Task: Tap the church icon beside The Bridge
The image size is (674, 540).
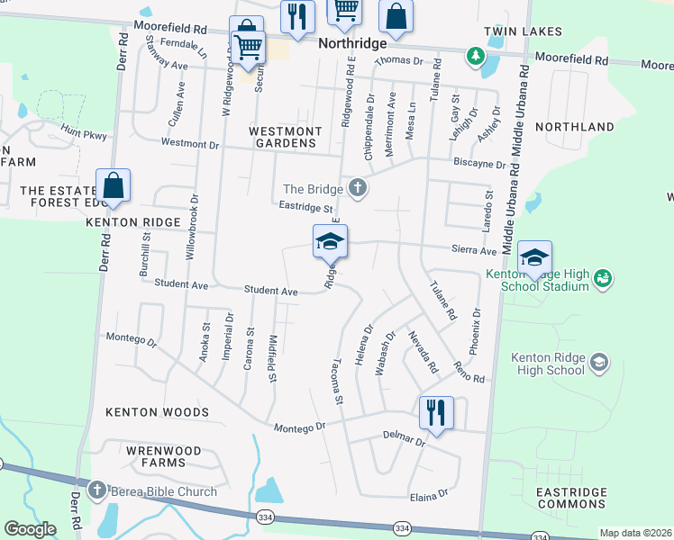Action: (x=358, y=188)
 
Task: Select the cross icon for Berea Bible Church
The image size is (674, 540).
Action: (x=97, y=491)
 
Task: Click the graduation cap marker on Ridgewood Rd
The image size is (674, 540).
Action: (x=330, y=241)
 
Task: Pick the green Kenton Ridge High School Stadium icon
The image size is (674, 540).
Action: (x=603, y=280)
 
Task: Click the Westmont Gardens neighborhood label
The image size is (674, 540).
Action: (x=285, y=138)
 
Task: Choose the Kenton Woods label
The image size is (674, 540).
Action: (x=157, y=412)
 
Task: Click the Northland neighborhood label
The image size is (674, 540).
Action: (x=574, y=127)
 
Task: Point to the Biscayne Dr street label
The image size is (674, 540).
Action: (x=479, y=164)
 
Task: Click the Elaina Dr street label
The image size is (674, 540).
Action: (x=430, y=494)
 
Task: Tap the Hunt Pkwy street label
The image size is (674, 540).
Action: (x=84, y=133)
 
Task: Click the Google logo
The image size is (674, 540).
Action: (x=30, y=529)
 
